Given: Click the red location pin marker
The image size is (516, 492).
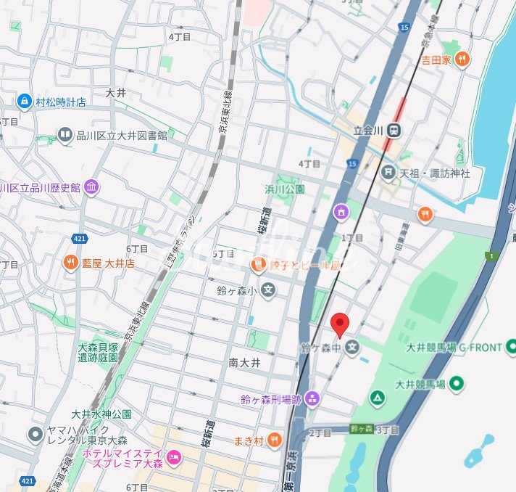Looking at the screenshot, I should (x=339, y=324).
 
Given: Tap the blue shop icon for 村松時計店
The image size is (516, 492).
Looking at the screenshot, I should (x=25, y=102).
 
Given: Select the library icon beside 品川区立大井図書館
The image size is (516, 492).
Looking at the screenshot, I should (x=65, y=135).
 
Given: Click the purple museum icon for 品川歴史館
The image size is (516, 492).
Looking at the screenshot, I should (x=91, y=188).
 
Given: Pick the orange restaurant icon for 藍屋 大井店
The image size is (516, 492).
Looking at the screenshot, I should (x=70, y=263).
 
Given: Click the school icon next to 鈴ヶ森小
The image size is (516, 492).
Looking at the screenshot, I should (x=268, y=291).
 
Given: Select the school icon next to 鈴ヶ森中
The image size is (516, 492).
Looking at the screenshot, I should (x=352, y=348).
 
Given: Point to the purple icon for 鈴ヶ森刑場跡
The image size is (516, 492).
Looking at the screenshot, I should (x=312, y=398).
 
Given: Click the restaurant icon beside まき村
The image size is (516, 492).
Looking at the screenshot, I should (x=274, y=440).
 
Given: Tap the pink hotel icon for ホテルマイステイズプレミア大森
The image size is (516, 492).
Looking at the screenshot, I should (x=173, y=458).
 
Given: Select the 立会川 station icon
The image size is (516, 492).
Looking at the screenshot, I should (x=394, y=131).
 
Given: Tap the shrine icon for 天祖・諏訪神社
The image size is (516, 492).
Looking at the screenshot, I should (x=388, y=173).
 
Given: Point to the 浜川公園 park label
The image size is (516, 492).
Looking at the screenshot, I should (x=284, y=189).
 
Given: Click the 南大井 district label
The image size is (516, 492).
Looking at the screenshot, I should (x=244, y=362).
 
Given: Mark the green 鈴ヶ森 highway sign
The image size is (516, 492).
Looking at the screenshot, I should (x=361, y=429).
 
